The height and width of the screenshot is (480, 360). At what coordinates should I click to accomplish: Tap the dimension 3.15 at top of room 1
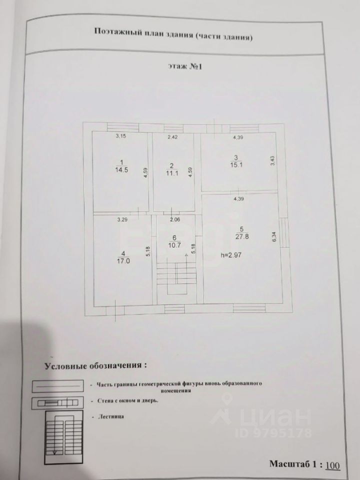tap(120, 136)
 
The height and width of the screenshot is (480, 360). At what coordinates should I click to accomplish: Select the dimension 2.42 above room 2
tap(172, 136)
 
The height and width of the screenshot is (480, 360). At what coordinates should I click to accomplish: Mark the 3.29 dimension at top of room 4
tap(121, 219)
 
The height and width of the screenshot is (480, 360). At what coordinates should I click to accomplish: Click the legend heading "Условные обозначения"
tap(95, 365)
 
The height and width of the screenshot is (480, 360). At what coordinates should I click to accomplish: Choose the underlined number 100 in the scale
tap(332, 465)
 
